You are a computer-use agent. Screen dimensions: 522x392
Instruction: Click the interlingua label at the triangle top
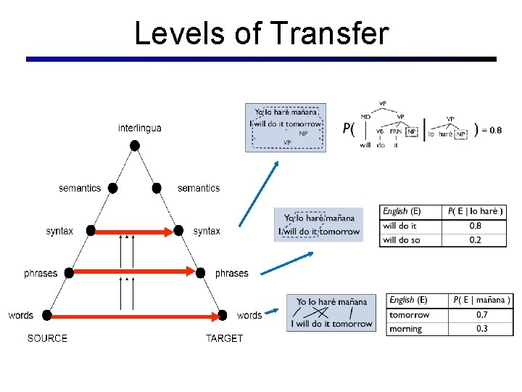[140, 128]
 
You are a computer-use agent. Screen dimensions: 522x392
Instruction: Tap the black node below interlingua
[134, 145]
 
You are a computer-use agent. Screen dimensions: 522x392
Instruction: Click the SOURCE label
[47, 338]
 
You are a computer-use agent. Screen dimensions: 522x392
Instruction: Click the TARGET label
[224, 338]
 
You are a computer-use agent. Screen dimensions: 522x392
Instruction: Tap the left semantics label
[80, 188]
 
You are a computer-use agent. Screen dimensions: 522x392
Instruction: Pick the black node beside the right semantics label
[157, 188]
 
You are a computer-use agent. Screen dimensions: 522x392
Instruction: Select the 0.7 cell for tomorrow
[481, 315]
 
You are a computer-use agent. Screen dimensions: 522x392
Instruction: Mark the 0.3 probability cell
[481, 329]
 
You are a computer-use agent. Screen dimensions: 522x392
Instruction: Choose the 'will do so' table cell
[401, 240]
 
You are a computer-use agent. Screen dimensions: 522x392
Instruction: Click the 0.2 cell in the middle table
[476, 240]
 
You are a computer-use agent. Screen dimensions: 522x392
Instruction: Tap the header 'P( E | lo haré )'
[476, 211]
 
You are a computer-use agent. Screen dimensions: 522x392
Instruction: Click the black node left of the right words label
[222, 316]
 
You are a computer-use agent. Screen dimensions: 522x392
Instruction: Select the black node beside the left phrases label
[69, 273]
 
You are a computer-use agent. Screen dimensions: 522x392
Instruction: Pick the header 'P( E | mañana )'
[481, 300]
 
